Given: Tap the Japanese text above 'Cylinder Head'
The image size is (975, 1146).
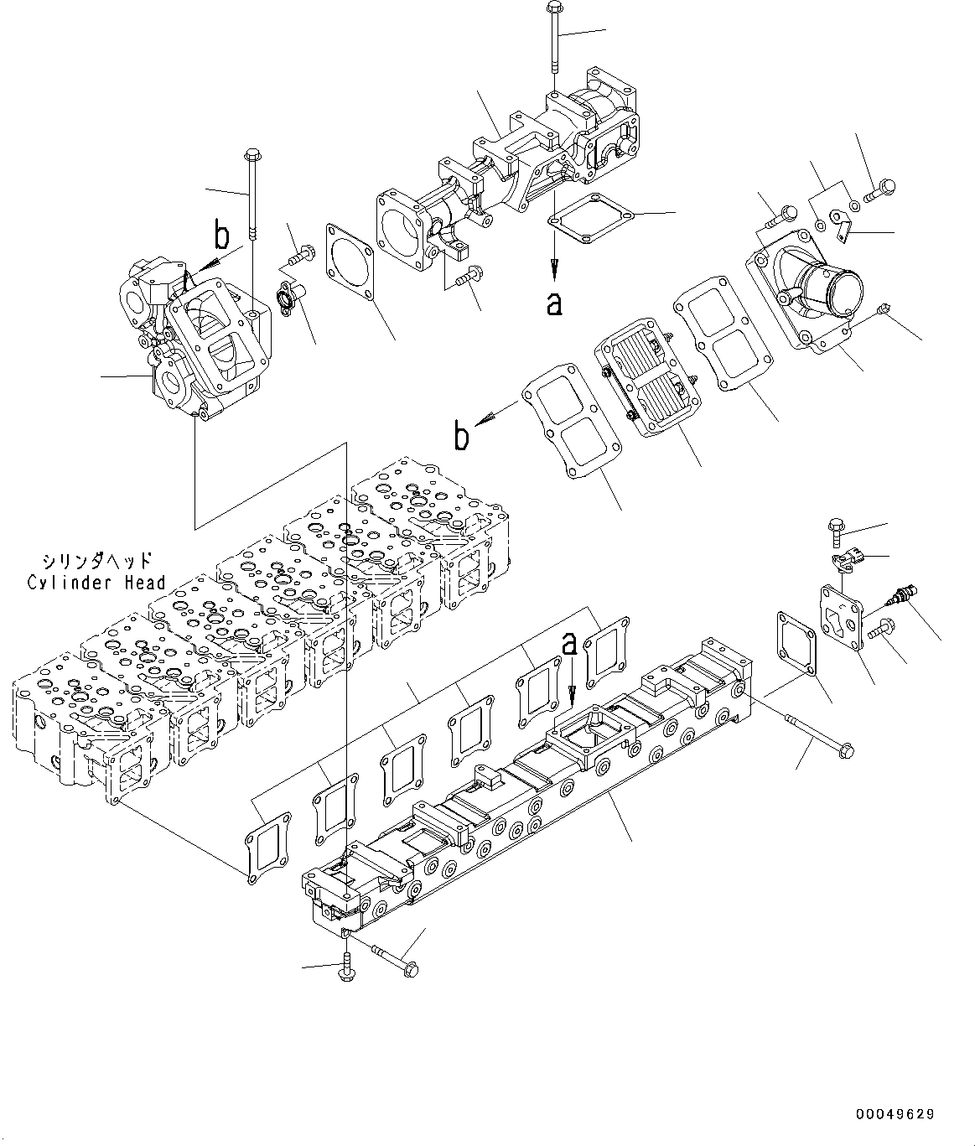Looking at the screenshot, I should click(x=96, y=560).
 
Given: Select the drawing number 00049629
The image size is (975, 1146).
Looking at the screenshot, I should click(x=895, y=1114).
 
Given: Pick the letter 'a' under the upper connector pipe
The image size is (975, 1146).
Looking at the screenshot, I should click(x=553, y=303).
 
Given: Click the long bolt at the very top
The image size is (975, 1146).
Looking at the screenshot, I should click(x=553, y=42).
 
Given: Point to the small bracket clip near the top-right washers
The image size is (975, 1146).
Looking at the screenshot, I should click(x=843, y=224).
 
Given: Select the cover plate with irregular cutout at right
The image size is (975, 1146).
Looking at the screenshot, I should click(x=841, y=616).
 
